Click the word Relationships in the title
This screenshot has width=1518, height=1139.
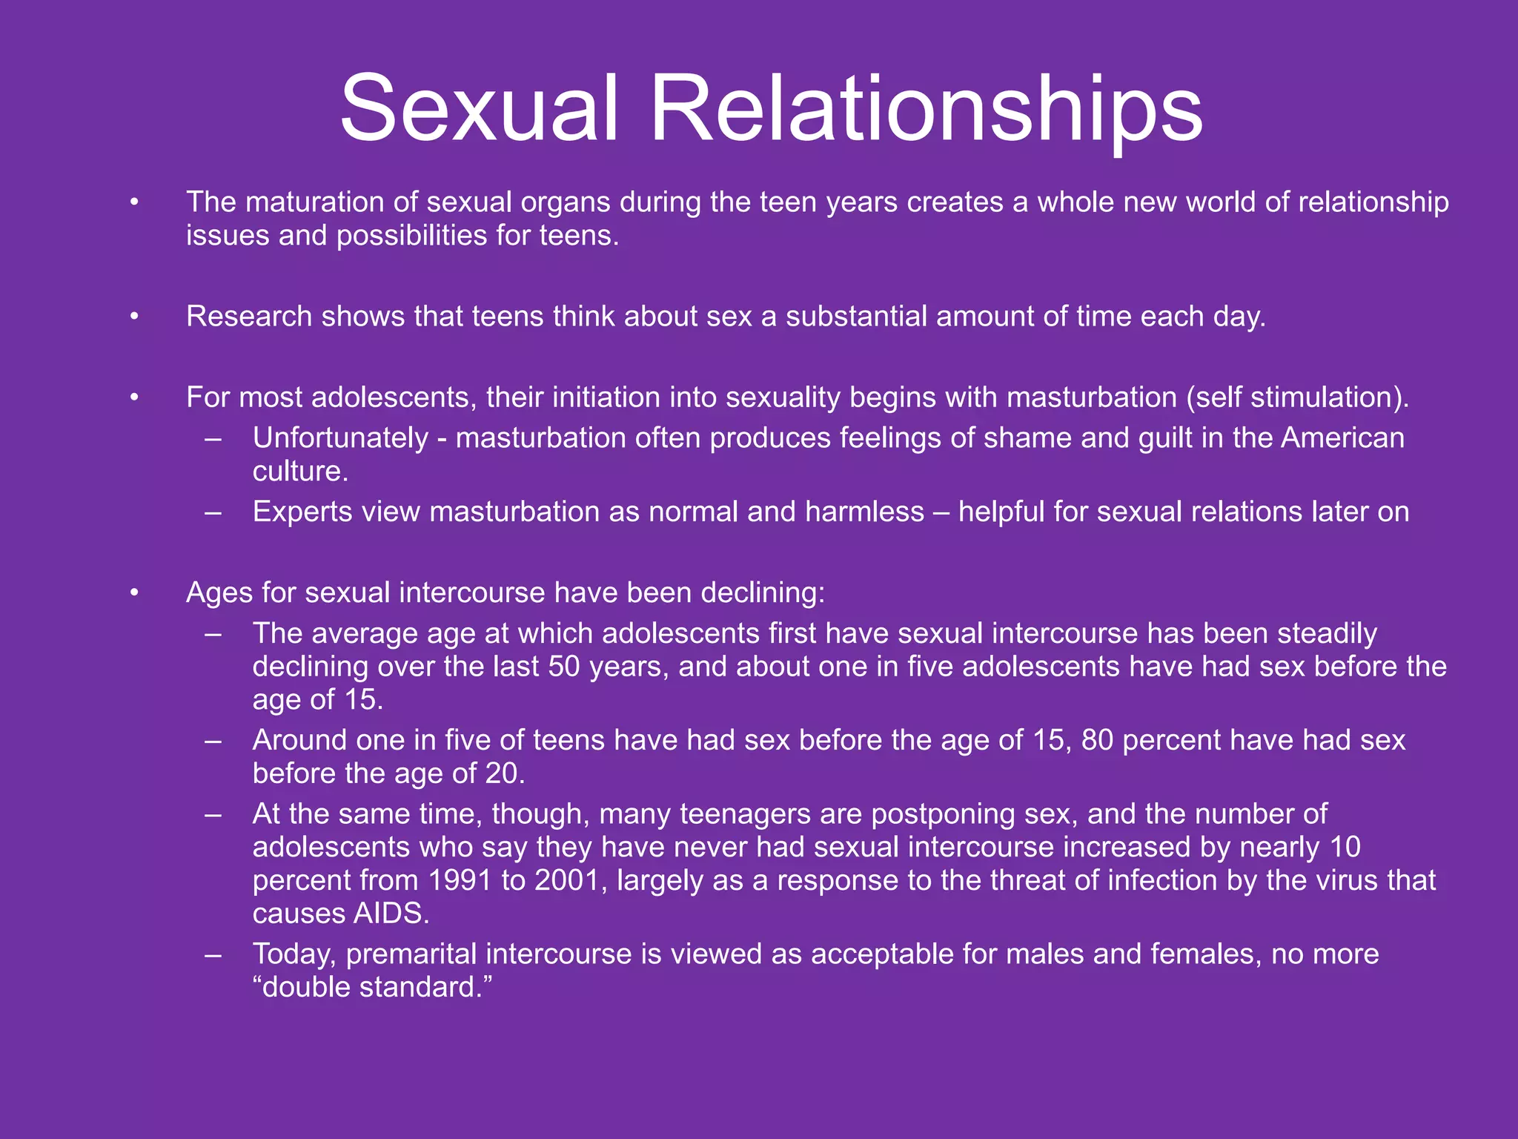(926, 108)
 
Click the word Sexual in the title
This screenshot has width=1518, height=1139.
(479, 108)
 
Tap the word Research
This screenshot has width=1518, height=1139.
(249, 317)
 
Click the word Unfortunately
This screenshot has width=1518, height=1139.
(340, 438)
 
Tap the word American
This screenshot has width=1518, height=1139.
(1342, 438)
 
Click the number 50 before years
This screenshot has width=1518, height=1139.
(564, 667)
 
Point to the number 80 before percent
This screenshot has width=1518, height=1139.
(1097, 740)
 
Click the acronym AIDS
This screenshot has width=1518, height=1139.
(391, 914)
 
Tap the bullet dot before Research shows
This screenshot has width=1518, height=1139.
(134, 317)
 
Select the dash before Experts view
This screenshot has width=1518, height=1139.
(213, 512)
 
